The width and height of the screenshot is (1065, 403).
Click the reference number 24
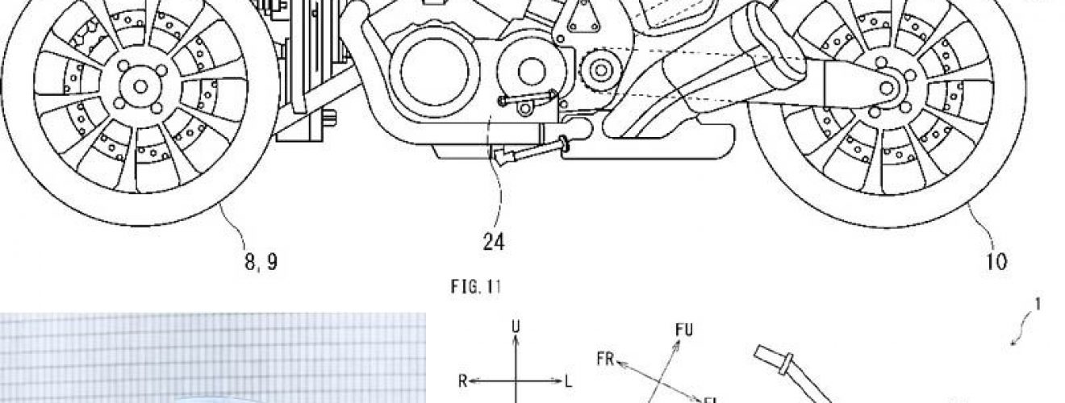(x=494, y=242)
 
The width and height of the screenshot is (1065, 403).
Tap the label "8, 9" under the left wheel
(x=261, y=261)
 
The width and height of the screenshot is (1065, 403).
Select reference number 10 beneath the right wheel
(x=996, y=262)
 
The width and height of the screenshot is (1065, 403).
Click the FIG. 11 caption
(x=476, y=287)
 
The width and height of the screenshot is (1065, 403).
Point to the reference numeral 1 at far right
(x=1038, y=305)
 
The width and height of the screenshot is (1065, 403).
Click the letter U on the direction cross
(x=516, y=326)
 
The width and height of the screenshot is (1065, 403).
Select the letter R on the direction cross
(x=463, y=381)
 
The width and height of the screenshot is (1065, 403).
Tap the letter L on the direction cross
(x=568, y=381)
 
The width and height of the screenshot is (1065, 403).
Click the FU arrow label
(x=683, y=330)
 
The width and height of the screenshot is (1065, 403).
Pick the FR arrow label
(x=606, y=359)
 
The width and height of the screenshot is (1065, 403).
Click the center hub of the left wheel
(x=140, y=86)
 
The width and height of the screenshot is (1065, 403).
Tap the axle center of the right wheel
(x=886, y=89)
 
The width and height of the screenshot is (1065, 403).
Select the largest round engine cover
(x=434, y=71)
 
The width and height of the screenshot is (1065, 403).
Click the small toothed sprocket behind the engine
(x=600, y=70)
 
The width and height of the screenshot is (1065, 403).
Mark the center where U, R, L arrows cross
(x=516, y=380)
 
